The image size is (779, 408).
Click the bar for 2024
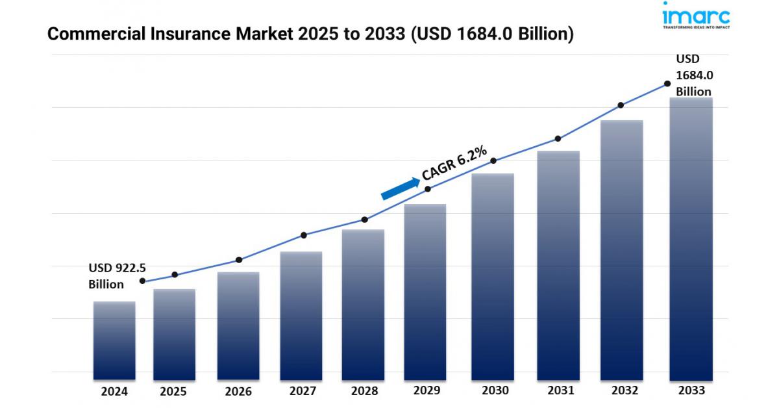[114, 340]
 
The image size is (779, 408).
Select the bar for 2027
[301, 316]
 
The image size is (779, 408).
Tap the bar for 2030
[493, 277]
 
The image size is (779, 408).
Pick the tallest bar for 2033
[691, 239]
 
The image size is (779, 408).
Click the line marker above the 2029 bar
[428, 189]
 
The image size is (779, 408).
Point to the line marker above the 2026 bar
[239, 260]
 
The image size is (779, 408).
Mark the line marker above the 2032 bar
[621, 105]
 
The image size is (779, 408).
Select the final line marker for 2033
[667, 84]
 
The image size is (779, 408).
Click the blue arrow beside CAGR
[400, 188]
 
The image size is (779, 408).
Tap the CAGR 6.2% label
[454, 163]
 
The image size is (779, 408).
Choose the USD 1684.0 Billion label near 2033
[694, 75]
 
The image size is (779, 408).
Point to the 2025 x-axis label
[173, 392]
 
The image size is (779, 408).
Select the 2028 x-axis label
[365, 392]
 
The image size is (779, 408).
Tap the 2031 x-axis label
[560, 390]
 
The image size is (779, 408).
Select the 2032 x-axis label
[624, 390]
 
